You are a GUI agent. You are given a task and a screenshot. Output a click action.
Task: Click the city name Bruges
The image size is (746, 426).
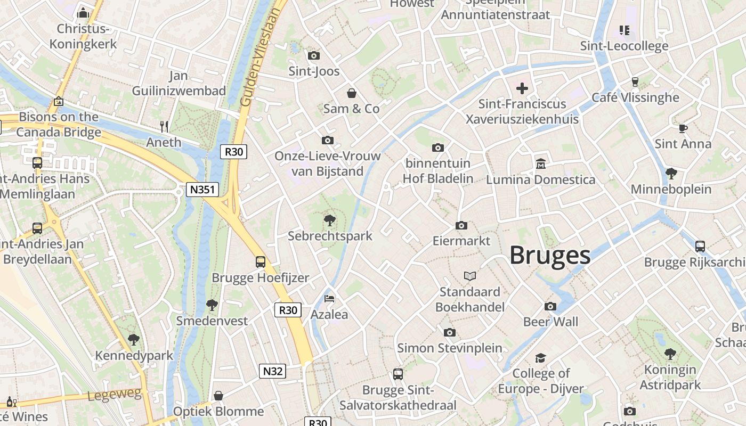coord(550,256)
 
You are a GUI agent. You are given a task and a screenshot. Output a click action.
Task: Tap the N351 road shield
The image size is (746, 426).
coord(202,190)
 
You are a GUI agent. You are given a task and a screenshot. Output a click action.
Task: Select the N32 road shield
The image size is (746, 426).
coord(272,371)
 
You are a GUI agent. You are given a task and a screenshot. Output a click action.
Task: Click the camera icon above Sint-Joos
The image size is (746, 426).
coord(314,55)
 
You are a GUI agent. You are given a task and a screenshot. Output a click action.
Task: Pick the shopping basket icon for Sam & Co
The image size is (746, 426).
coord(352,94)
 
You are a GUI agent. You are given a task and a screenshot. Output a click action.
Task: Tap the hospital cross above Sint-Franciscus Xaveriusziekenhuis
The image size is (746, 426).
coord(522,88)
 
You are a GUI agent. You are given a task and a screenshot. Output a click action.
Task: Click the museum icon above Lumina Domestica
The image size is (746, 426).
coord(541,163)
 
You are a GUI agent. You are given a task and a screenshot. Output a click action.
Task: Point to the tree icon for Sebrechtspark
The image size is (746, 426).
coord(330,220)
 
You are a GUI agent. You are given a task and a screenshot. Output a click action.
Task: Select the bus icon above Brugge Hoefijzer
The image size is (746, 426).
coord(260,262)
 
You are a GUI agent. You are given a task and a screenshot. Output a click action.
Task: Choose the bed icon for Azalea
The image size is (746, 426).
coord(329,299)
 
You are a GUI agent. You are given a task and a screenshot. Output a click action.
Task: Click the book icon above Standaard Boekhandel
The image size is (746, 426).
coord(469,276)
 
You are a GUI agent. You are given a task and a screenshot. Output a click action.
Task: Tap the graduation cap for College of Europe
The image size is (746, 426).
coord(541,357)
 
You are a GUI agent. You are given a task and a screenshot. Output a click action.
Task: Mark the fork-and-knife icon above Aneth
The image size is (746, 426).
coord(164,127)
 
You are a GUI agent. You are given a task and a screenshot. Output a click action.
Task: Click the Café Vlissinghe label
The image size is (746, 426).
coord(635,97)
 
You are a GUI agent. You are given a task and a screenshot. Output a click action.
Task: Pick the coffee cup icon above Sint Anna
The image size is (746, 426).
coord(683,128)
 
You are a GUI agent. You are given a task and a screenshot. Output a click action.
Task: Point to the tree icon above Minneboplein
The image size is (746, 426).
coord(671,174)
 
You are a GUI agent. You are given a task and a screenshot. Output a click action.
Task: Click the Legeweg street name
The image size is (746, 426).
coord(115,395)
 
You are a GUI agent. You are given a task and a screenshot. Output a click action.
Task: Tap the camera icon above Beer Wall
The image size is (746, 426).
coord(550,306)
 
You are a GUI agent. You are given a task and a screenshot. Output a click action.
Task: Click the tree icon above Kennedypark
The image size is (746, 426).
coord(134,339)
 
